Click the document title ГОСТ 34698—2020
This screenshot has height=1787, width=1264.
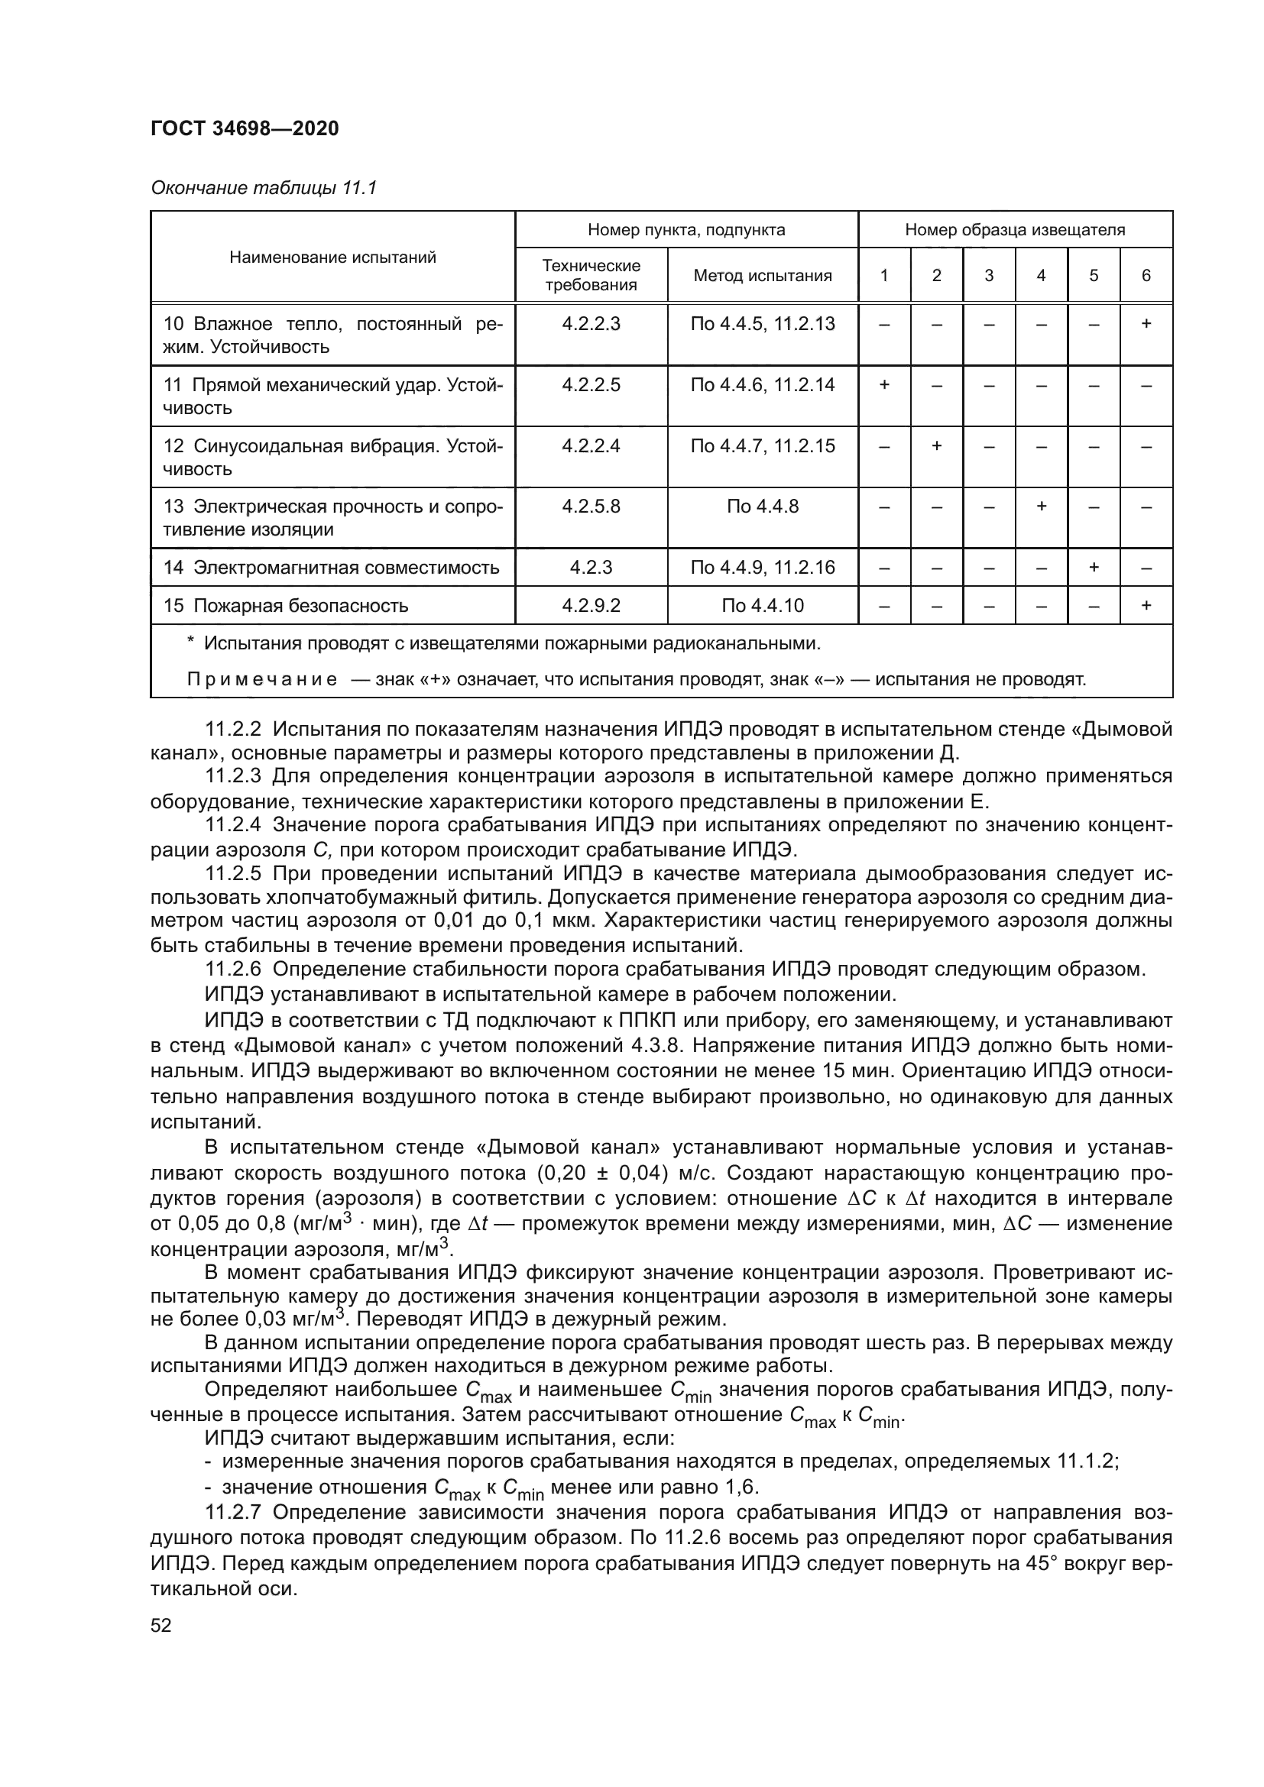[x=245, y=128]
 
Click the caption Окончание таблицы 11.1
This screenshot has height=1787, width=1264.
[x=263, y=188]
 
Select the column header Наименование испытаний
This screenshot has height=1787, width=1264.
[x=332, y=257]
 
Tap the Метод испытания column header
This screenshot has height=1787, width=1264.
[x=762, y=276]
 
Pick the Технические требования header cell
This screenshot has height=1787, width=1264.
[x=591, y=276]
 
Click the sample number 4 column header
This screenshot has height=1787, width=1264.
[x=1041, y=276]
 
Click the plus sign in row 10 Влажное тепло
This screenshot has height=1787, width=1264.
[x=1146, y=324]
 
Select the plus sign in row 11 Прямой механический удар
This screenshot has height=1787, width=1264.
[x=884, y=385]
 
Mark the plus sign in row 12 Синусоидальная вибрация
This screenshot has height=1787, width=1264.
[x=936, y=446]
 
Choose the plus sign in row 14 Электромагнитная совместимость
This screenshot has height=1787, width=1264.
[x=1093, y=568]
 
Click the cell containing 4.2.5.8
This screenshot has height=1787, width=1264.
[x=591, y=507]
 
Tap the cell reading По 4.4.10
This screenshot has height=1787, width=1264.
[x=762, y=606]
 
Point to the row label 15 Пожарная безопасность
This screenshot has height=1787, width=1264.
[x=285, y=606]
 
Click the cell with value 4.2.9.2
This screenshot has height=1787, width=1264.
[x=591, y=606]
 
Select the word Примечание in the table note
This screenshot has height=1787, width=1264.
[x=262, y=679]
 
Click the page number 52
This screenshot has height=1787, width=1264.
[x=161, y=1626]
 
